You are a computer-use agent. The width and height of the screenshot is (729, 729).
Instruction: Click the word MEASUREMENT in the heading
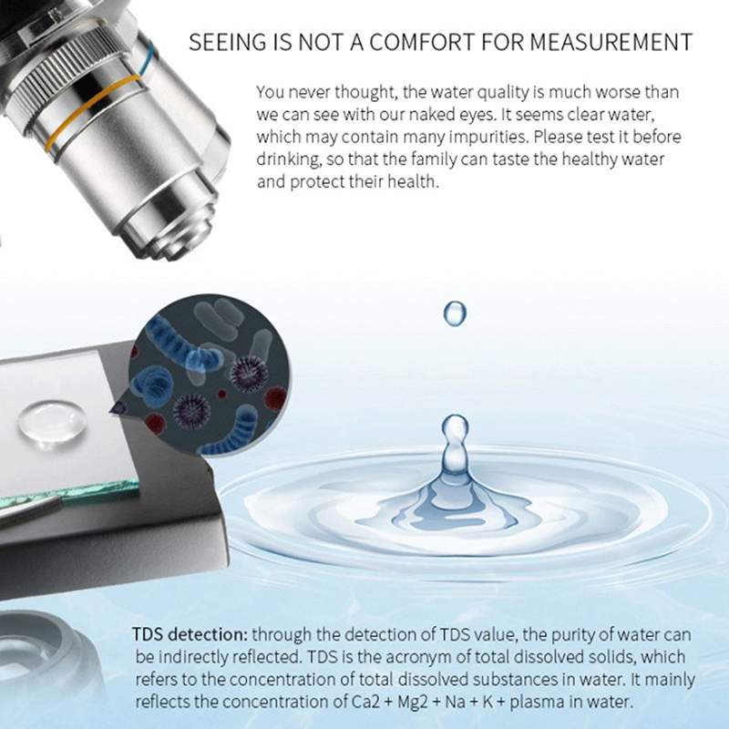611,42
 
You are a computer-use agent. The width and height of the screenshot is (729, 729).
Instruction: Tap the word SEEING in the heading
227,42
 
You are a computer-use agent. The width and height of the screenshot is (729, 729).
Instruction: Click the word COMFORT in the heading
422,42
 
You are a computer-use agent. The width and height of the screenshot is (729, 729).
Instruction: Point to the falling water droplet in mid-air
455,313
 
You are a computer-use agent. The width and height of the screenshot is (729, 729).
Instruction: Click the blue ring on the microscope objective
148,58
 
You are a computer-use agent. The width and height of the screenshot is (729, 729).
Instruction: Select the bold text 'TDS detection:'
190,634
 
